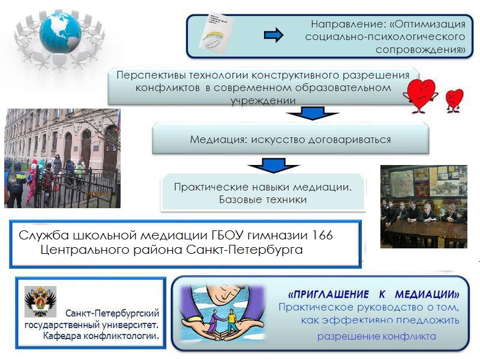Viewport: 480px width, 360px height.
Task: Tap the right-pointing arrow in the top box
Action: (x=274, y=35)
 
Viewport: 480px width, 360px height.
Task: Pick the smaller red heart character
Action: (x=454, y=100)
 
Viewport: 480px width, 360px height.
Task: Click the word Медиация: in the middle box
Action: (x=218, y=140)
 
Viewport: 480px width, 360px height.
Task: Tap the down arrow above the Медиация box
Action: (x=312, y=113)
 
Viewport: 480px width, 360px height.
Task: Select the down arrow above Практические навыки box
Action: (x=274, y=165)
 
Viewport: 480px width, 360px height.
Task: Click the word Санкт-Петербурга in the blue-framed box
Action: (x=244, y=250)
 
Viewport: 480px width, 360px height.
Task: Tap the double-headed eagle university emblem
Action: (x=40, y=302)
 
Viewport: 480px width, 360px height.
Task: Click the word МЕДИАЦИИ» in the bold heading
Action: (x=427, y=295)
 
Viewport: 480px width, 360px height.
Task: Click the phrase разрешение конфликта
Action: (x=377, y=336)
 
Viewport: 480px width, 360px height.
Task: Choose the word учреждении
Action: (x=263, y=101)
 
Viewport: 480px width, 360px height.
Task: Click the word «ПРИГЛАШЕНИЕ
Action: (x=328, y=295)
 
